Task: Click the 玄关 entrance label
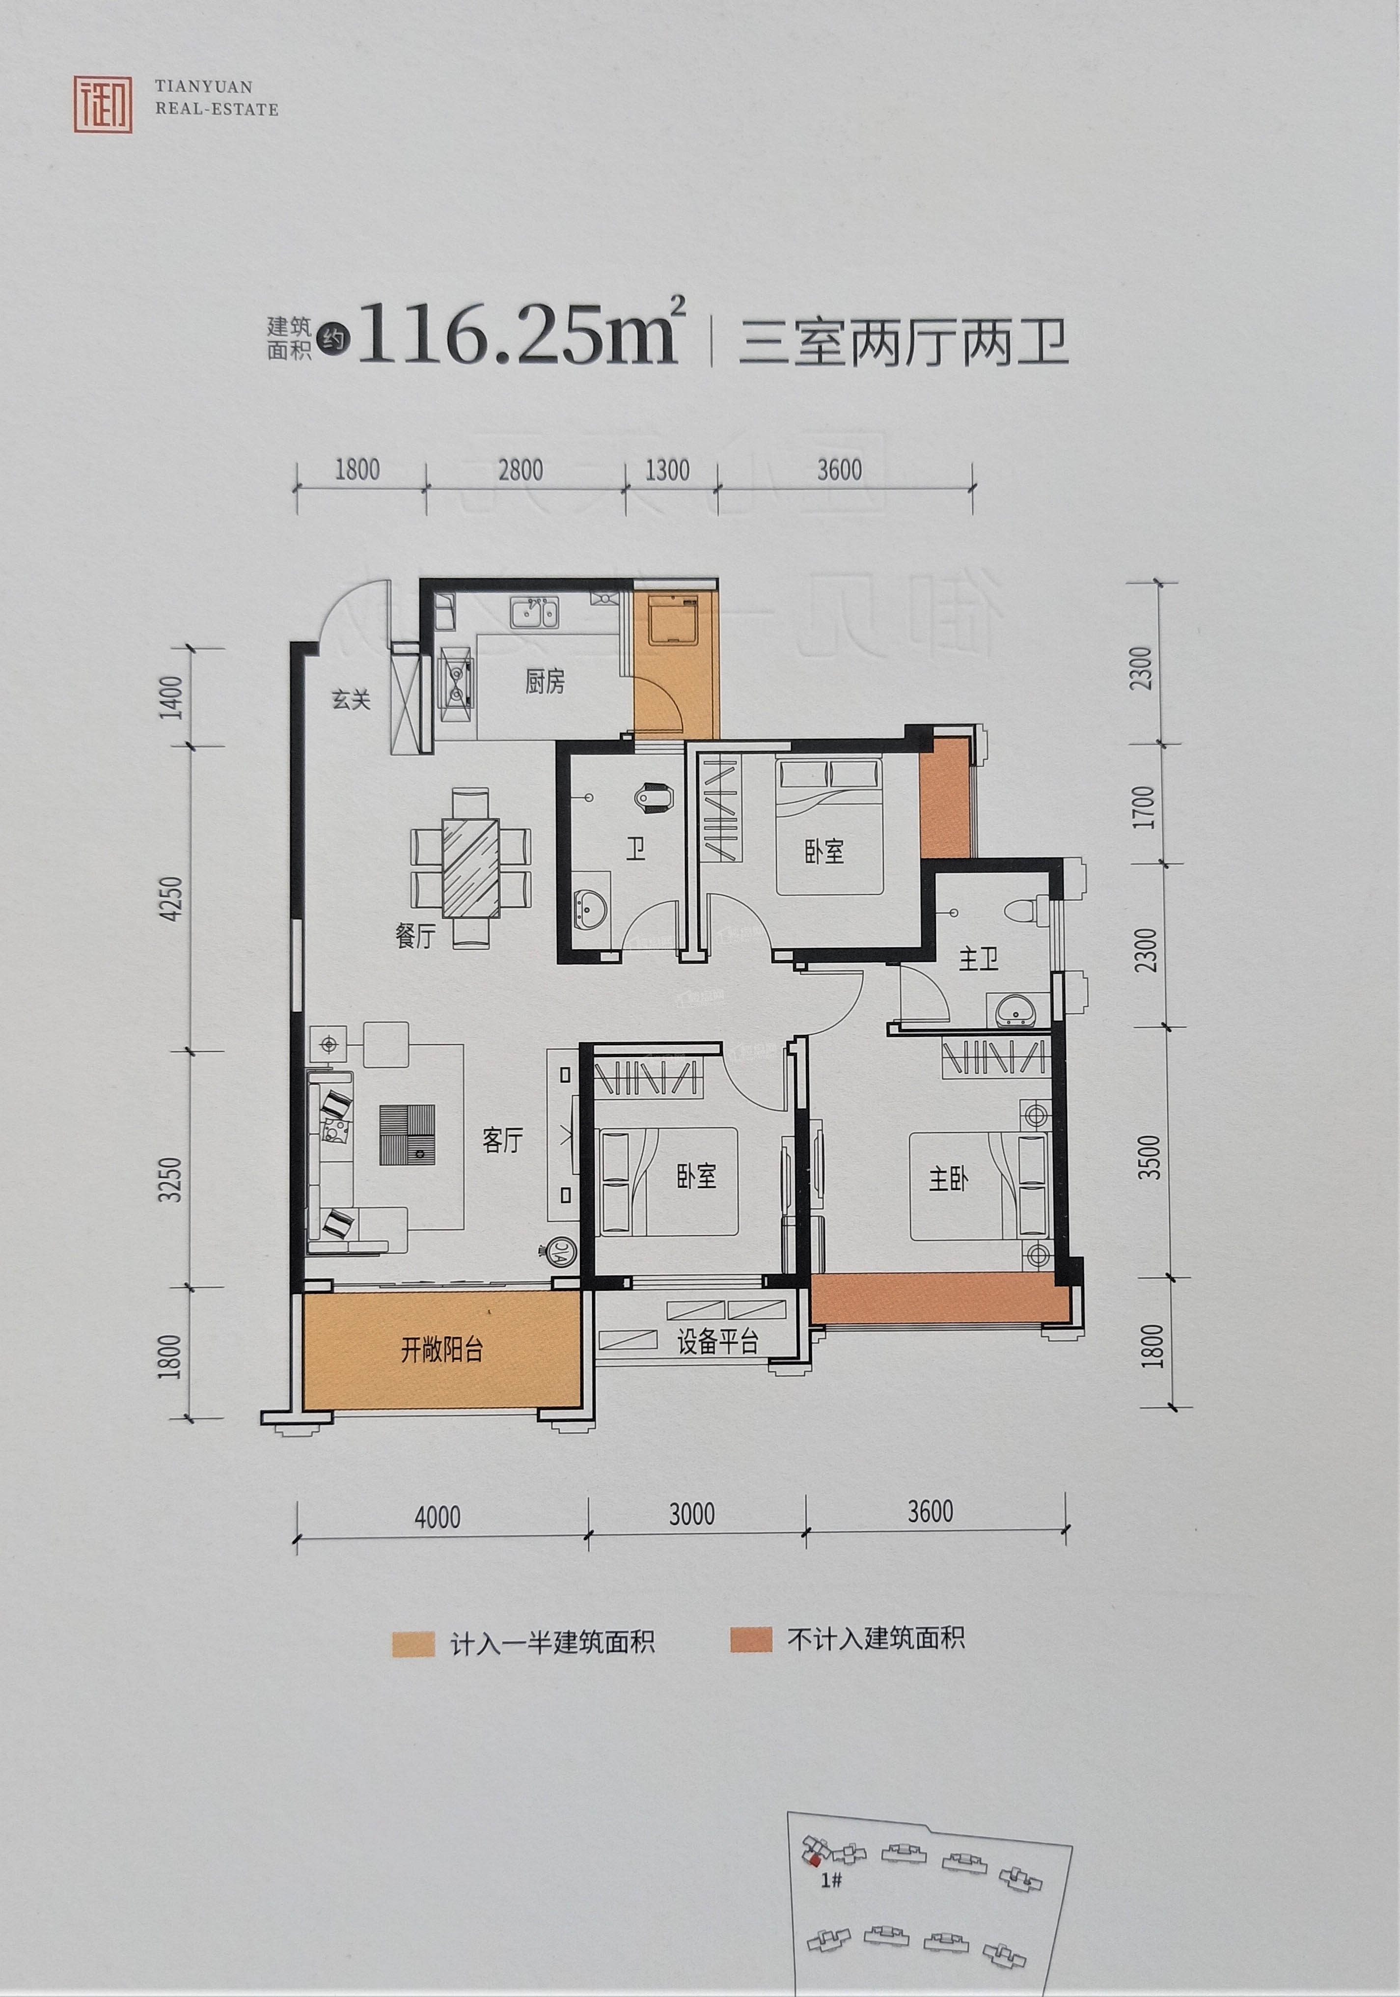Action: coord(351,699)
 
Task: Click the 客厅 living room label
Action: coord(503,1140)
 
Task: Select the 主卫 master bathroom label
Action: coord(979,960)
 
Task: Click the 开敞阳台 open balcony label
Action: coord(442,1351)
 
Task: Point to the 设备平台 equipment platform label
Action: coord(718,1342)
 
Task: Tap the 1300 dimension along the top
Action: coord(668,471)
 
